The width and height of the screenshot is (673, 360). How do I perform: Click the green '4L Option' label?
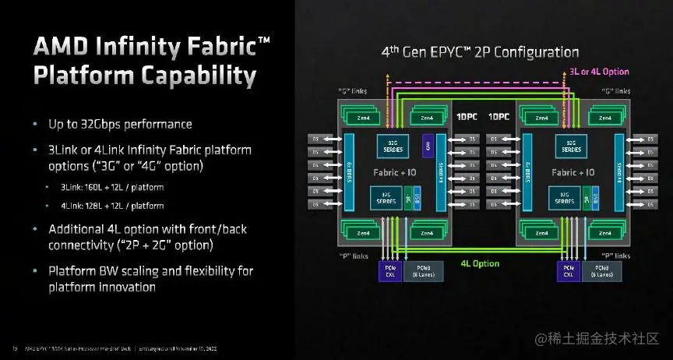480,263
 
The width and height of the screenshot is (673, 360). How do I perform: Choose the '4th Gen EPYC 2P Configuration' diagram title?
480,52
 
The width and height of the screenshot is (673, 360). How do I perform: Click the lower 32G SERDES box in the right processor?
562,198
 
